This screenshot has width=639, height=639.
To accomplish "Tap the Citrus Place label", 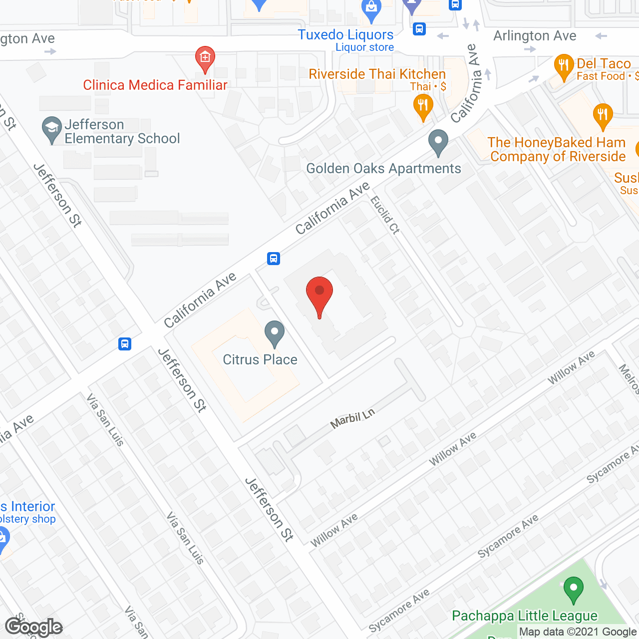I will [x=260, y=359].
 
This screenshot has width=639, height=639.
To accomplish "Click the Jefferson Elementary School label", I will [x=122, y=131].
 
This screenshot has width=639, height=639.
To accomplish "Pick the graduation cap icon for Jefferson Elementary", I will [x=51, y=130].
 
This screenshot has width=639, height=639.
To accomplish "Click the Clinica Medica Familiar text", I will [x=155, y=85].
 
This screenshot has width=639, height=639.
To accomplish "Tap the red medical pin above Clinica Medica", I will [x=205, y=59].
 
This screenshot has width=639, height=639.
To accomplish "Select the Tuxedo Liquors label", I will [x=345, y=35].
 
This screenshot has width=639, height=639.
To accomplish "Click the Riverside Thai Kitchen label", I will [x=377, y=74].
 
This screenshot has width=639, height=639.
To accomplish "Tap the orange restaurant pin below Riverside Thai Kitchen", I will [x=423, y=108].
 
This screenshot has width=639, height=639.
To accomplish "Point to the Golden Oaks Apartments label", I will [x=383, y=168].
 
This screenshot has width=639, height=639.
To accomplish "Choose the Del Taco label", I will [x=604, y=64].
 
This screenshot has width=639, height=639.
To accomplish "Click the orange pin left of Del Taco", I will [x=564, y=67].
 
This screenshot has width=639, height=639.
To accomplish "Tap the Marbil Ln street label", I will [x=352, y=419].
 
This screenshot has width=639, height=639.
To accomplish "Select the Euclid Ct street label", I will [x=385, y=215].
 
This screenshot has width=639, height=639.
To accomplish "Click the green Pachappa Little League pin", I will [x=574, y=590].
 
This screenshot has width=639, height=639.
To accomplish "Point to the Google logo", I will [x=33, y=627].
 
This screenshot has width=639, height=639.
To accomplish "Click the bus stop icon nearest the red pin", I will [x=274, y=259].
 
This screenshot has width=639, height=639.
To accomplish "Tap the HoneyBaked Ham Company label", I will [x=557, y=149].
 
